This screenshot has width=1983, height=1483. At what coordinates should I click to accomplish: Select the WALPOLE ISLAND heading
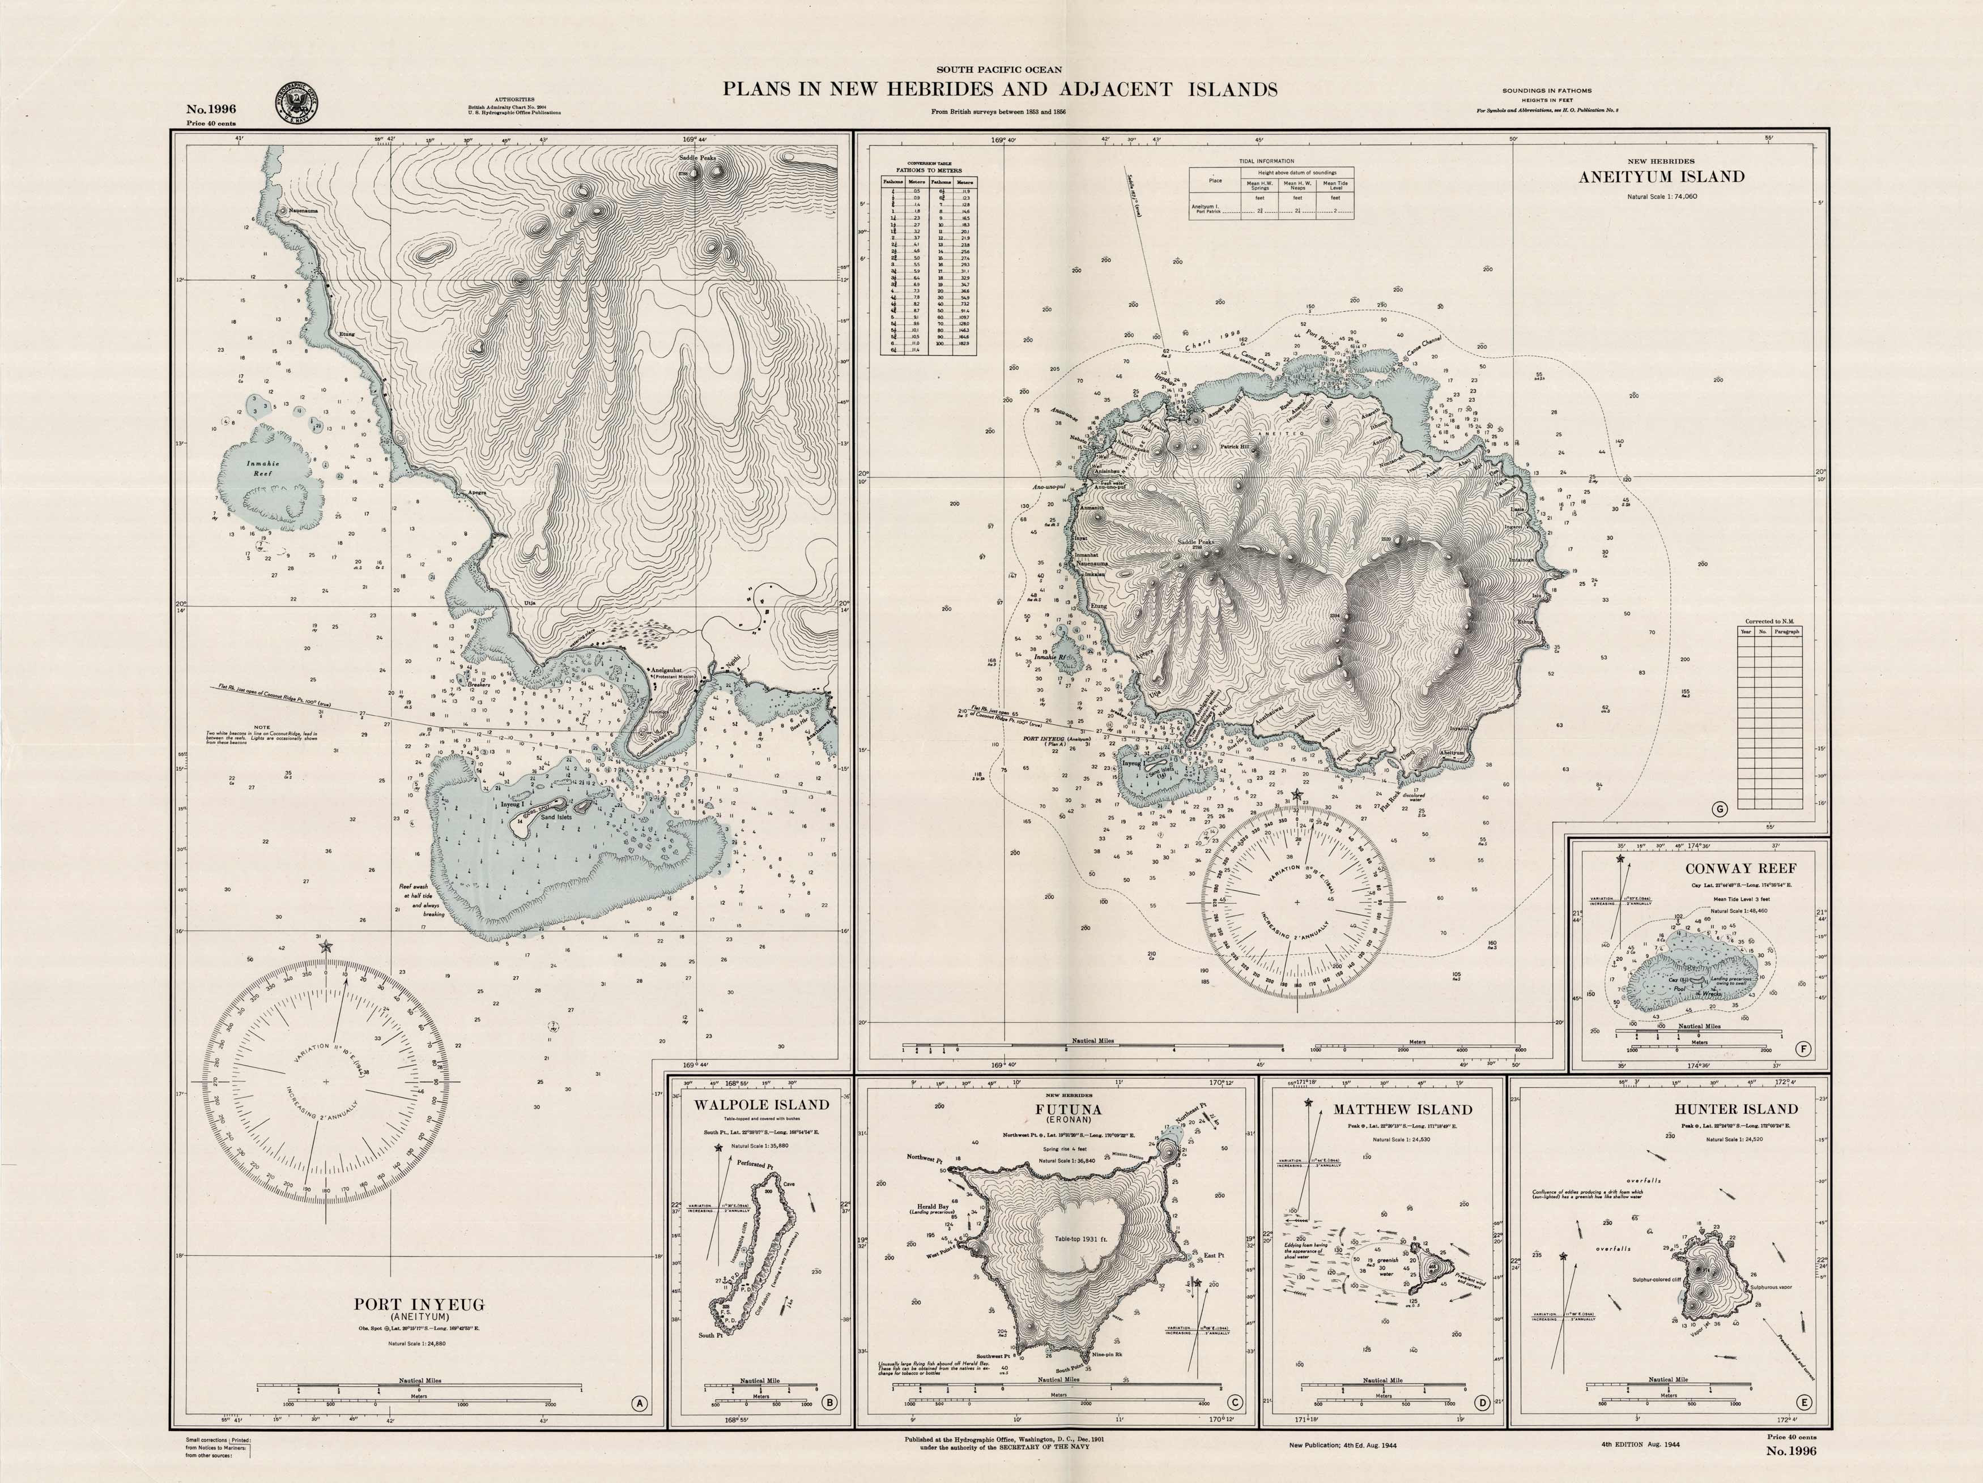pyautogui.click(x=761, y=1105)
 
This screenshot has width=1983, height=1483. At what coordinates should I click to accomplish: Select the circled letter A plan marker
pyautogui.click(x=639, y=1404)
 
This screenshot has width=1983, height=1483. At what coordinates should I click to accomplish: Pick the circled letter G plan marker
pyautogui.click(x=1720, y=809)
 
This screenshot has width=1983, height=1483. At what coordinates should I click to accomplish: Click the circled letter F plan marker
pyautogui.click(x=1803, y=1049)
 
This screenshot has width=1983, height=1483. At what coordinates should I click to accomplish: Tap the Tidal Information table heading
pyautogui.click(x=1271, y=162)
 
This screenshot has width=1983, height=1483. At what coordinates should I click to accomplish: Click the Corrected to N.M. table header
pyautogui.click(x=1769, y=621)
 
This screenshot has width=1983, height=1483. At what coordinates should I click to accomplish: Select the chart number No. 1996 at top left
pyautogui.click(x=211, y=109)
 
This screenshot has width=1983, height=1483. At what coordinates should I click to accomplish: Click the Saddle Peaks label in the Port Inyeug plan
pyautogui.click(x=696, y=158)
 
